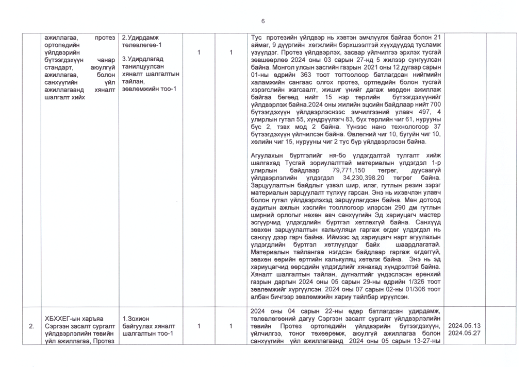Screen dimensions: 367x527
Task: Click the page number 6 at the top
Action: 263,21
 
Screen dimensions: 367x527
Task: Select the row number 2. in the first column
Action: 31,326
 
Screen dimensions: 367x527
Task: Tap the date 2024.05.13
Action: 464,326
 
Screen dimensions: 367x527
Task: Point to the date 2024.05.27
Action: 464,334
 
